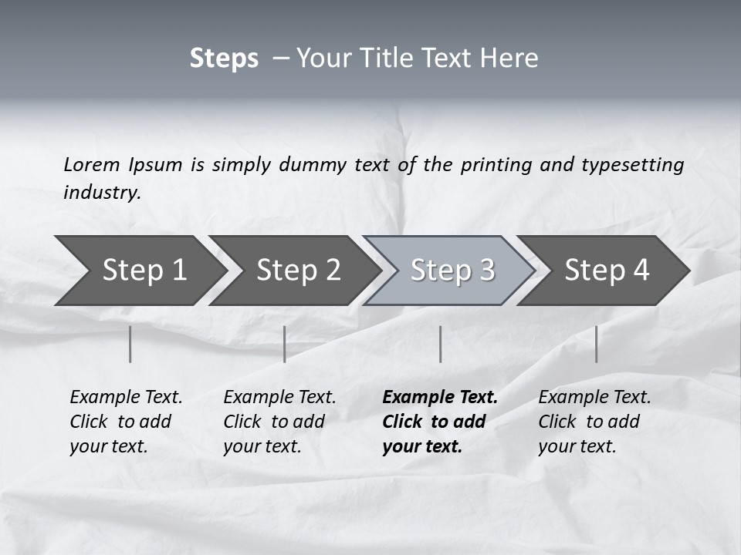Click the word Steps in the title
pos(224,59)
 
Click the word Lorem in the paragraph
pos(92,164)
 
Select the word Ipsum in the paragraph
pos(157,164)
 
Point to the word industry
pos(102,193)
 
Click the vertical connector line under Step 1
pos(130,344)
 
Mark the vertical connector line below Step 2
pos(285,344)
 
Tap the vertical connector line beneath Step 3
pos(440,344)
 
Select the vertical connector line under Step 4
pos(596,344)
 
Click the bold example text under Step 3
pos(438,422)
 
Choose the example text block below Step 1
pos(125,422)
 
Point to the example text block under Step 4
pos(594,422)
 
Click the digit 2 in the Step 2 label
pos(333,270)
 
